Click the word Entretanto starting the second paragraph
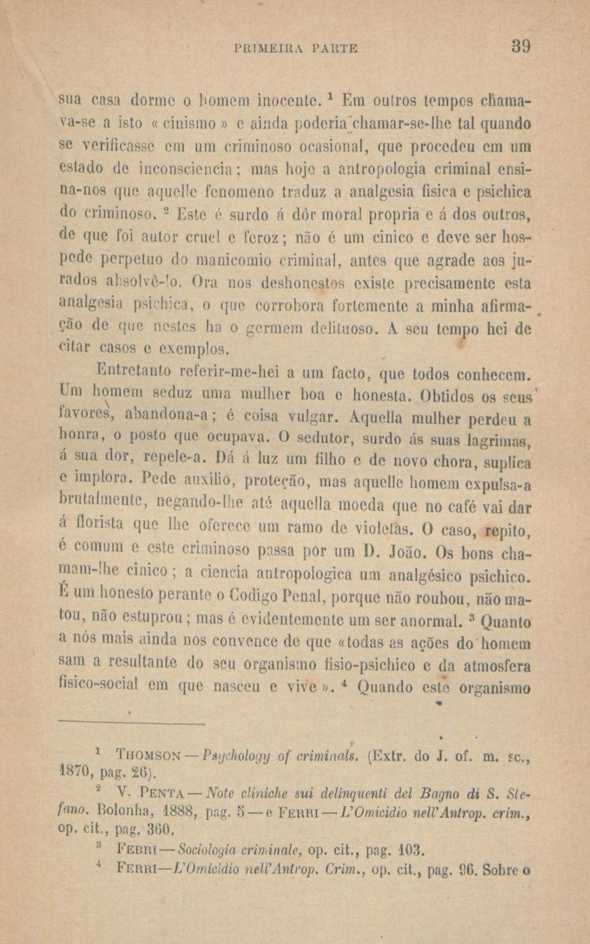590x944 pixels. coord(133,373)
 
